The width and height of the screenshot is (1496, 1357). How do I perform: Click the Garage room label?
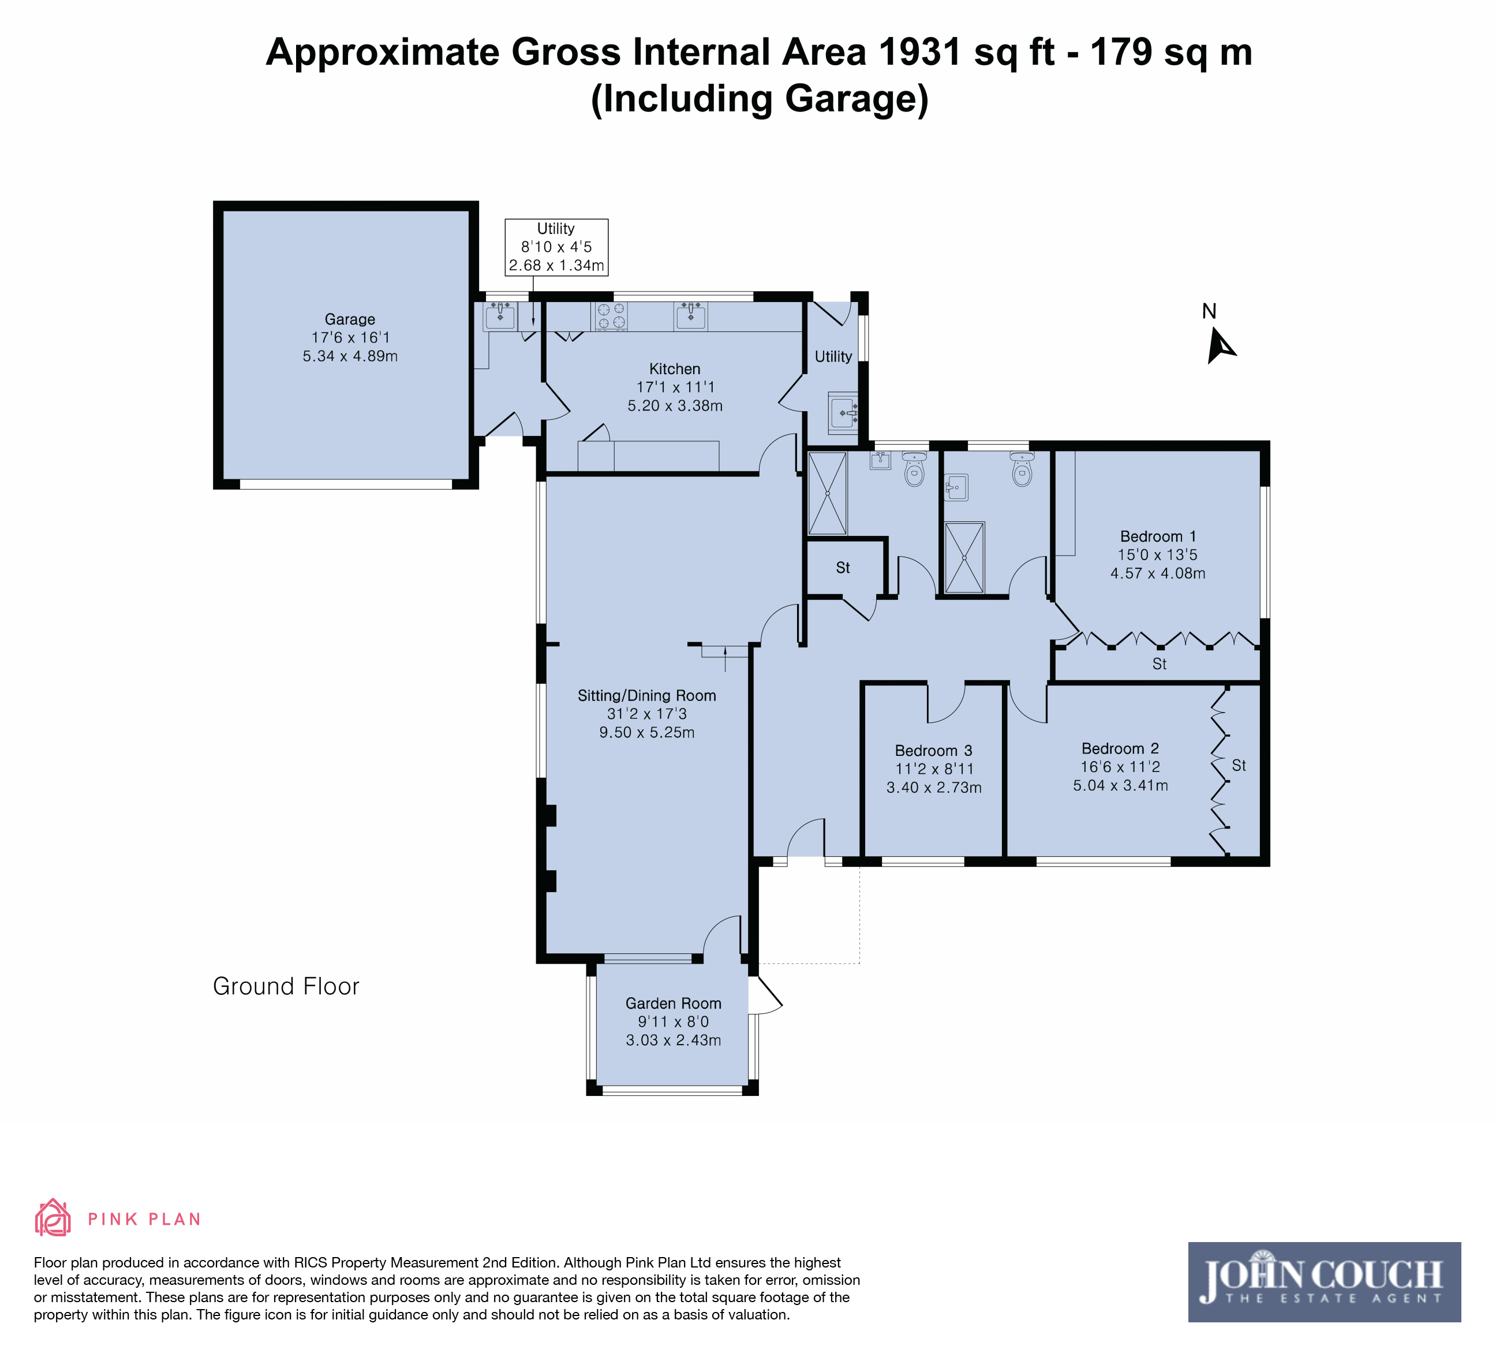pyautogui.click(x=350, y=319)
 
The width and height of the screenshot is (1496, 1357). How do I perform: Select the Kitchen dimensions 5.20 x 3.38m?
pyautogui.click(x=675, y=405)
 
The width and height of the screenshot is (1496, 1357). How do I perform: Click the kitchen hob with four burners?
pyautogui.click(x=611, y=316)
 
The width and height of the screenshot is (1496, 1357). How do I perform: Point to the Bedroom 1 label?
pyautogui.click(x=1158, y=536)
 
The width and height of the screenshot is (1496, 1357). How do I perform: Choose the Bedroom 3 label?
pyautogui.click(x=933, y=751)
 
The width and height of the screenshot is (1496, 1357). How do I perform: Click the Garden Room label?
pyautogui.click(x=673, y=1003)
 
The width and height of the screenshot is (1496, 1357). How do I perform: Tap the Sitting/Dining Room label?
pyautogui.click(x=647, y=696)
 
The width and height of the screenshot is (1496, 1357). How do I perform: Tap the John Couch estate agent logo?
pyautogui.click(x=1324, y=1282)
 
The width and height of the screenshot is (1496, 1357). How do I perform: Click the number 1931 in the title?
pyautogui.click(x=920, y=52)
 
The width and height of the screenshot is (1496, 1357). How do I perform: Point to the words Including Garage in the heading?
pyautogui.click(x=760, y=99)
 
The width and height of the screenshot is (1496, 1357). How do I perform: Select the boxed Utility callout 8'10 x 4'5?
pyautogui.click(x=556, y=247)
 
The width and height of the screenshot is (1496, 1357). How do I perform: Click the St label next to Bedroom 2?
pyautogui.click(x=1239, y=765)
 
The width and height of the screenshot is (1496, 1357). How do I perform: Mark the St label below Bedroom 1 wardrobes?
pyautogui.click(x=1159, y=663)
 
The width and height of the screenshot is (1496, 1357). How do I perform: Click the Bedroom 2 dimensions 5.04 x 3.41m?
pyautogui.click(x=1120, y=785)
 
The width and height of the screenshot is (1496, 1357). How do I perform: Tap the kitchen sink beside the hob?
pyautogui.click(x=690, y=316)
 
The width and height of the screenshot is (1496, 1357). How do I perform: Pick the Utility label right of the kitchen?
pyautogui.click(x=833, y=356)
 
